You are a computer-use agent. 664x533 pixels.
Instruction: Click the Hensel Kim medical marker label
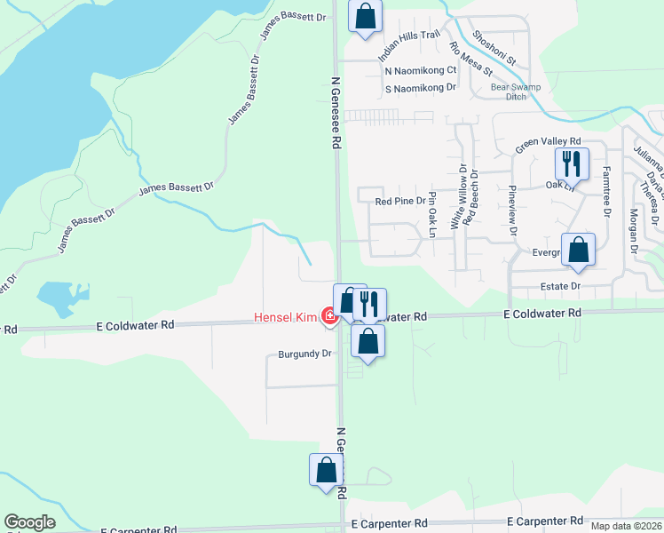coord(287,316)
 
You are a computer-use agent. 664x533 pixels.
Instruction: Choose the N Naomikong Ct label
coord(421,70)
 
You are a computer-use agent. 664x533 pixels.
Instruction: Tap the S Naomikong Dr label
coord(420,88)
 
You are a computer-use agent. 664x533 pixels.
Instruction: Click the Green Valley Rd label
coord(548,142)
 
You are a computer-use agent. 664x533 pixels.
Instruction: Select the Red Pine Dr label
coord(400,202)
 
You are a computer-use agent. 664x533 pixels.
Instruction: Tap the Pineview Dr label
coord(512,207)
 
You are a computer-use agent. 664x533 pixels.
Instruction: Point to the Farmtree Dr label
coord(607,192)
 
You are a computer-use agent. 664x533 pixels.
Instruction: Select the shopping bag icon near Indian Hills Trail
coord(365,15)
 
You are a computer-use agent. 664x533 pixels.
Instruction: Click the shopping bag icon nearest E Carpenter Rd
coord(326,470)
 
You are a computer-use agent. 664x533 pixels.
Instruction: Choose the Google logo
coord(30,523)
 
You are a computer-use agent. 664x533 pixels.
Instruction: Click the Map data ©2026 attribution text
coord(626,526)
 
